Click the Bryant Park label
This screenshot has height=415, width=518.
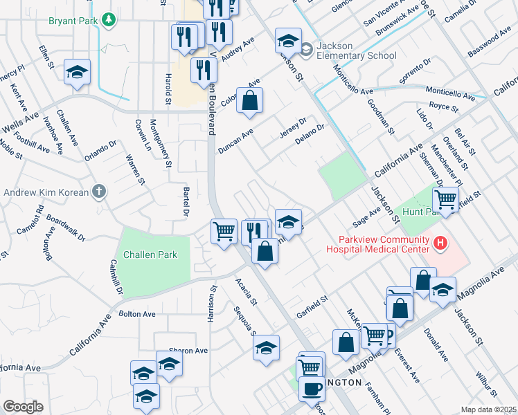(73, 21)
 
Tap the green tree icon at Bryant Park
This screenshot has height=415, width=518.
(108, 20)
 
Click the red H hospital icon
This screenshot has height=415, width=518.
(440, 242)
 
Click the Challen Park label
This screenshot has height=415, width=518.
(150, 255)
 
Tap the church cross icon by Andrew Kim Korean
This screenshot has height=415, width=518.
(100, 192)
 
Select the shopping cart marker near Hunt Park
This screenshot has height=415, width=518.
(446, 201)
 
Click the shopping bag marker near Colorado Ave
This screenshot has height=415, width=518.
(250, 100)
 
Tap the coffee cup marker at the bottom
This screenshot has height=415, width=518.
(311, 389)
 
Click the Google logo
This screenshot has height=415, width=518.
(23, 407)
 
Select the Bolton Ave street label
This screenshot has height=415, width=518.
(137, 314)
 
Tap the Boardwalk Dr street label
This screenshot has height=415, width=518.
(66, 226)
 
